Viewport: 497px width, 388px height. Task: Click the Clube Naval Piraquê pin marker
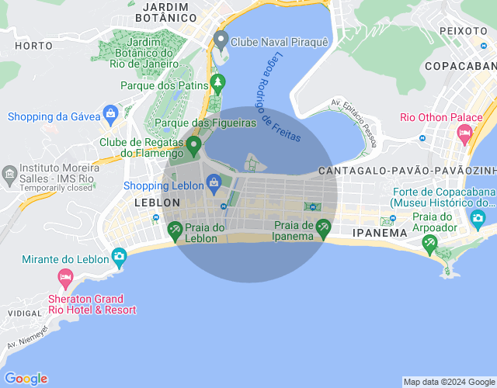coord(221,40)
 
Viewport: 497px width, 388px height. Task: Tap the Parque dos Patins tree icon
coord(219,82)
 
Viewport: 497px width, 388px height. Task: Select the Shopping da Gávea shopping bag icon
coord(110,114)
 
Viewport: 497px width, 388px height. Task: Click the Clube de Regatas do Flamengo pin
coord(193,144)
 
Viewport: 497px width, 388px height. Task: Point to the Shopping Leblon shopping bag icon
coord(214,184)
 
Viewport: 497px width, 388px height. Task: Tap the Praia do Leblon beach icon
coord(175,230)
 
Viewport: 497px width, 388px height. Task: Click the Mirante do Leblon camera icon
coord(119,255)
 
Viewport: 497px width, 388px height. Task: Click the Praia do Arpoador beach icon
coord(429,244)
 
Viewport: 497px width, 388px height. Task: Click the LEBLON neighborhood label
coord(158,203)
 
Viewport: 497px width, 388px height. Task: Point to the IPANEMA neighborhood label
coord(380,232)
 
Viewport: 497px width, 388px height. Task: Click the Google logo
coord(26,379)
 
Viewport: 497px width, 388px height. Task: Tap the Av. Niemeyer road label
coord(28,338)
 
